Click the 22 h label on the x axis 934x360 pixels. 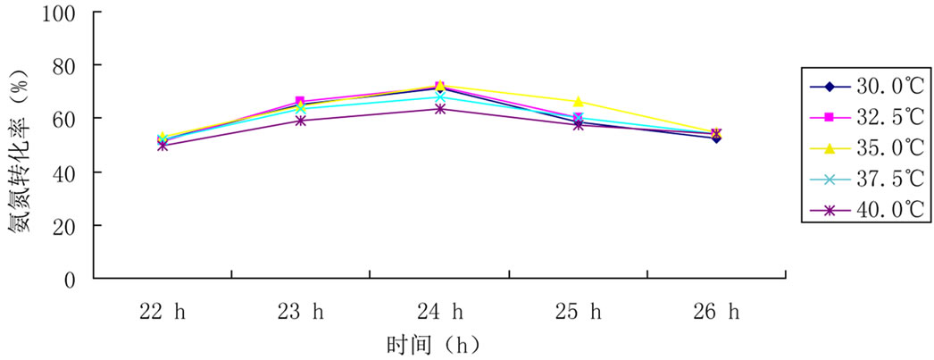[162, 312]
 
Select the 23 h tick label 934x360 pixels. [301, 312]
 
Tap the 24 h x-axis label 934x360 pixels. [440, 312]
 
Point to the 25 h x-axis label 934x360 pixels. [579, 312]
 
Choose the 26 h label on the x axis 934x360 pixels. [718, 312]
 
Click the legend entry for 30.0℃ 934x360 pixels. [865, 87]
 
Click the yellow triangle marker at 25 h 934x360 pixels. [579, 102]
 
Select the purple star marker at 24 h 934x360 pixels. [439, 109]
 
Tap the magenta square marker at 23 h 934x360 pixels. [301, 102]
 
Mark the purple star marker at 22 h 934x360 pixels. [162, 145]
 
